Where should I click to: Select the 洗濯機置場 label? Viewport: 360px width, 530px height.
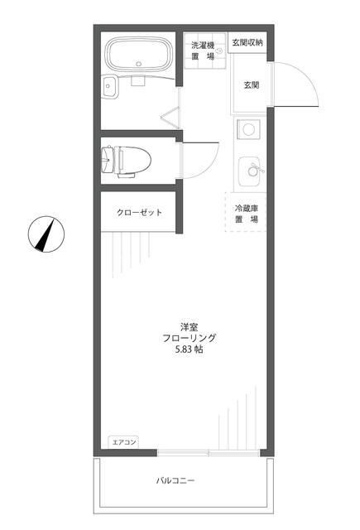(202, 50)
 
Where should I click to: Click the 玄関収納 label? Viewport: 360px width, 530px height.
(247, 41)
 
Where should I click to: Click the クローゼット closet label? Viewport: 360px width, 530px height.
(139, 213)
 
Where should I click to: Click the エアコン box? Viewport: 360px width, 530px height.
(123, 442)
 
